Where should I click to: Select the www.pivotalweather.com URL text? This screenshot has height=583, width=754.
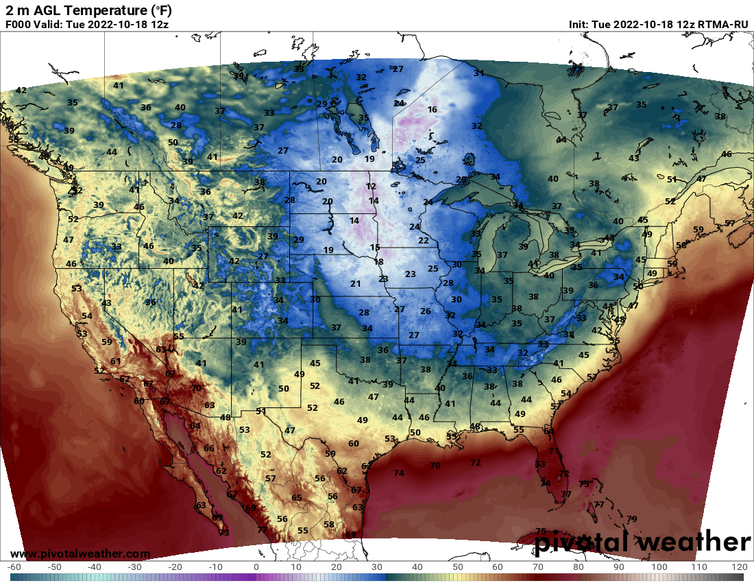pyautogui.click(x=80, y=554)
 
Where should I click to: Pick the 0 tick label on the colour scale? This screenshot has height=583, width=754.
pyautogui.click(x=256, y=568)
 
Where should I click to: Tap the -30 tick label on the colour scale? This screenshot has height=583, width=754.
pyautogui.click(x=134, y=568)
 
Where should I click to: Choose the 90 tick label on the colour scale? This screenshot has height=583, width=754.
pyautogui.click(x=619, y=568)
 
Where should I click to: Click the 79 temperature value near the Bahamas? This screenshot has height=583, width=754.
pyautogui.click(x=631, y=519)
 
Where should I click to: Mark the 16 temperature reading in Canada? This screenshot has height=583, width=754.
pyautogui.click(x=432, y=110)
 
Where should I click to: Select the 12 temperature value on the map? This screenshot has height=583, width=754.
pyautogui.click(x=371, y=186)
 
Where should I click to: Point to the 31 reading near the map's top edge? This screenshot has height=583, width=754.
pyautogui.click(x=478, y=73)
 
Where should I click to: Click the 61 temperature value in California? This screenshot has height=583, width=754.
pyautogui.click(x=115, y=361)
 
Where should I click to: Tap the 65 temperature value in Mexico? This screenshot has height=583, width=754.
pyautogui.click(x=297, y=497)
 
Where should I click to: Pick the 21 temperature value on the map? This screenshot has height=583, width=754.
pyautogui.click(x=355, y=283)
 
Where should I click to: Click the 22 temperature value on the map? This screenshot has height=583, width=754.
pyautogui.click(x=423, y=240)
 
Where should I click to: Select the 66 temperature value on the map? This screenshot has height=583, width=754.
pyautogui.click(x=209, y=448)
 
